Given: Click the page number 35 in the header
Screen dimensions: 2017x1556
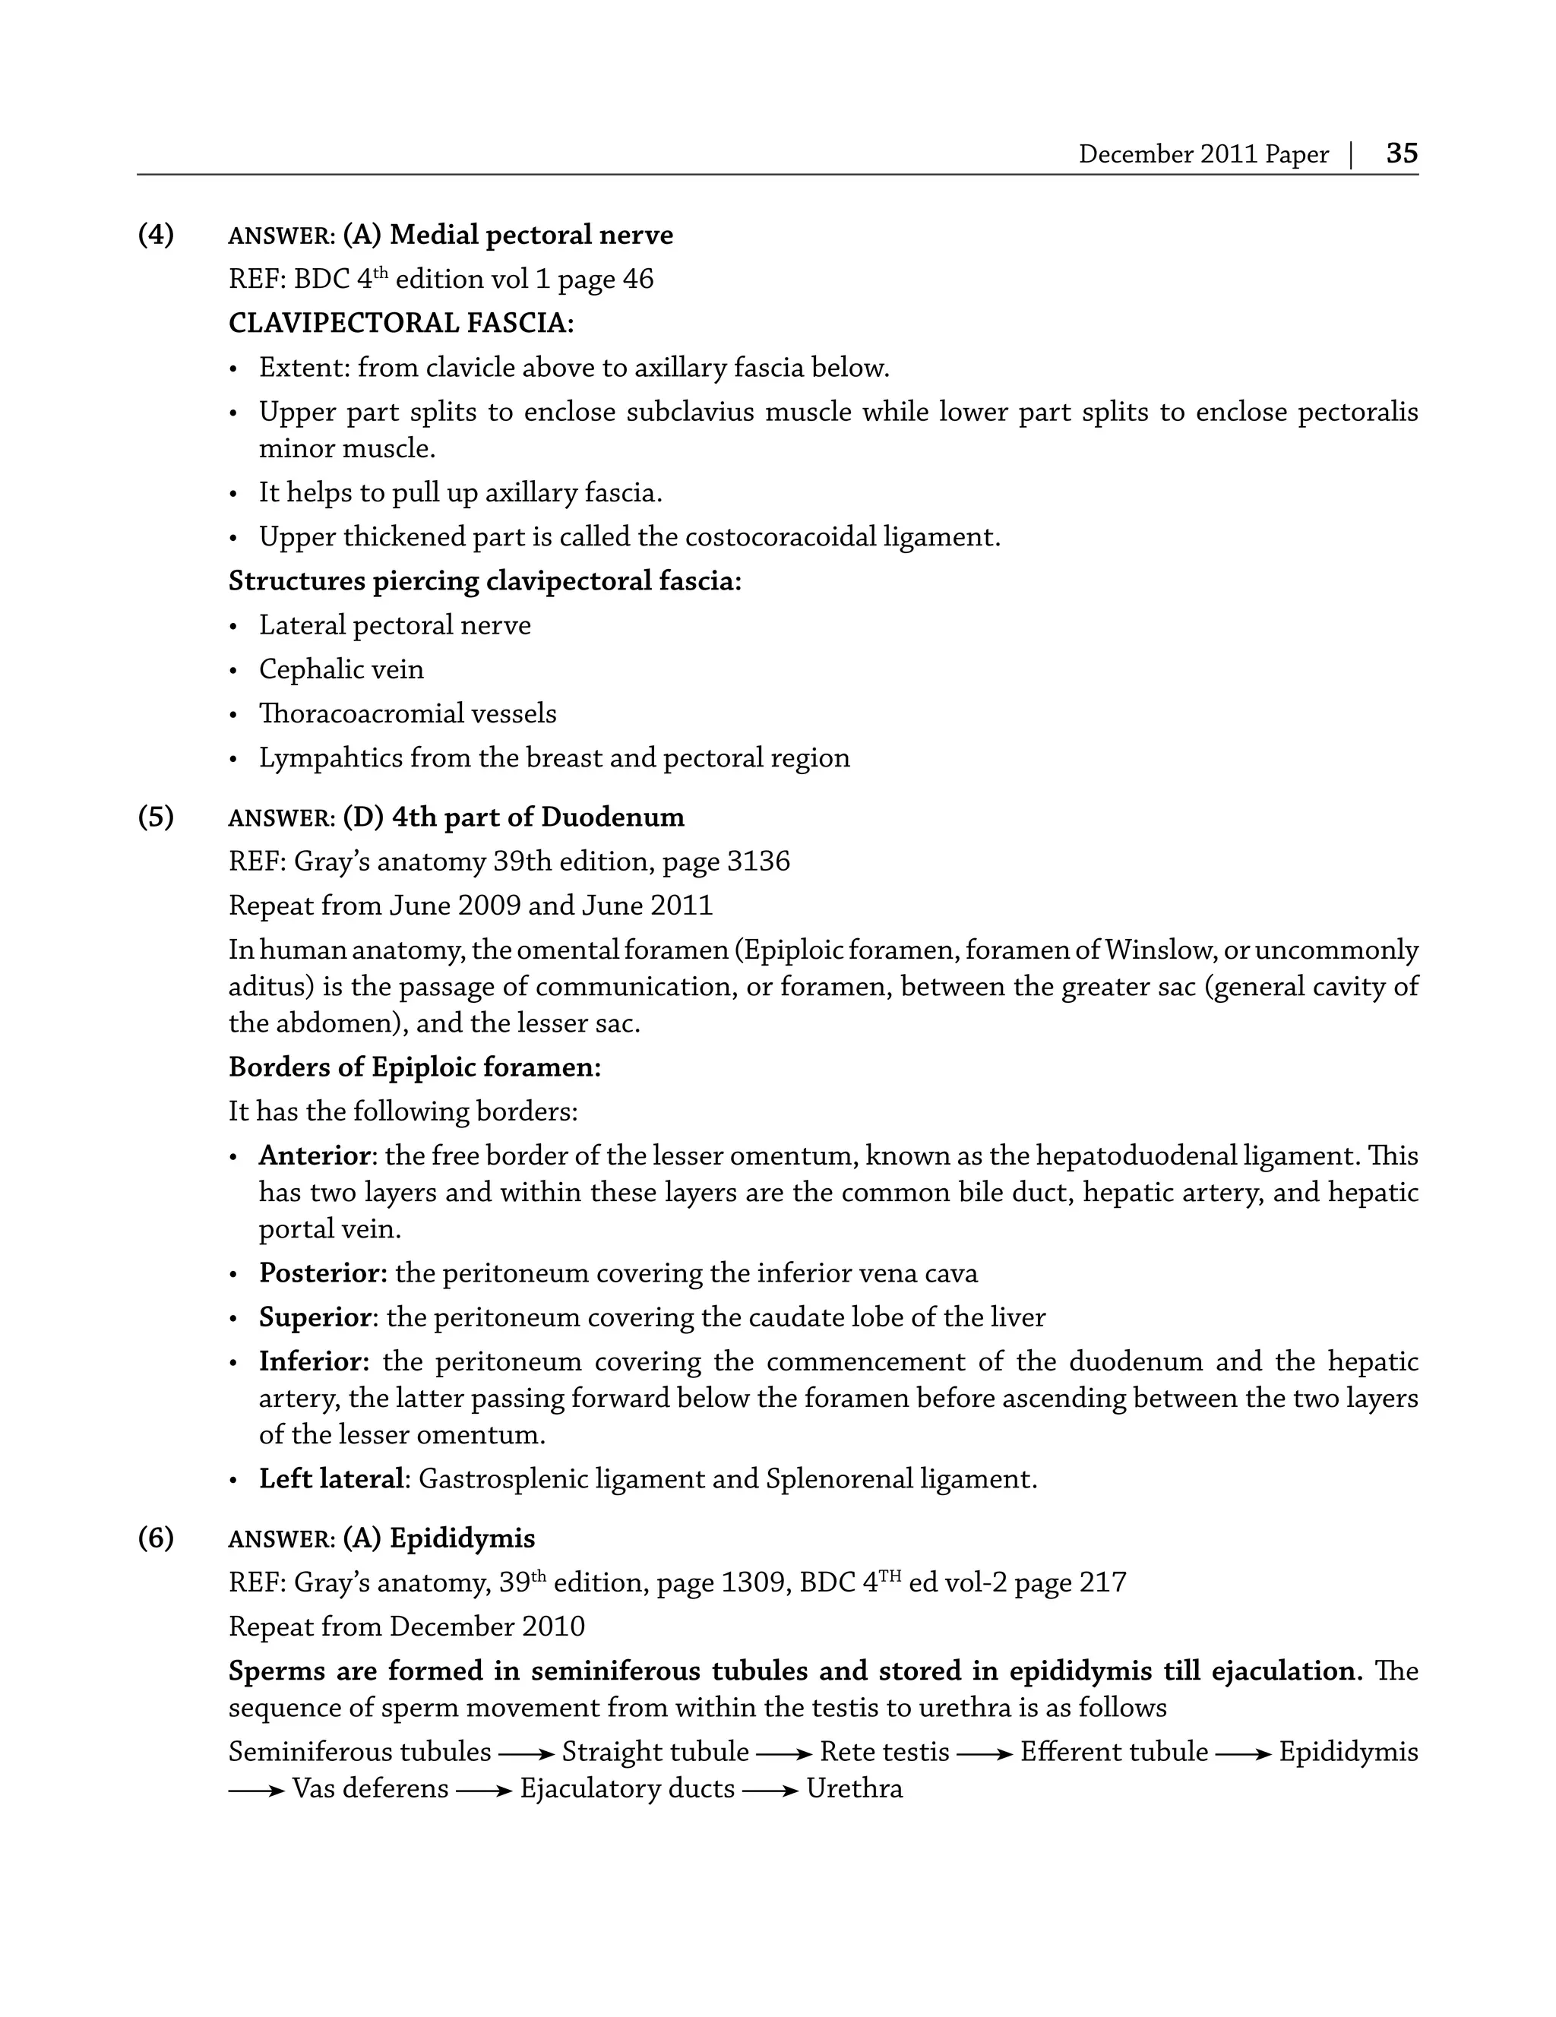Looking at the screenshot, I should coord(1401,153).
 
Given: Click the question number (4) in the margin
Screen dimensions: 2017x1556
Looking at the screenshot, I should coord(156,235).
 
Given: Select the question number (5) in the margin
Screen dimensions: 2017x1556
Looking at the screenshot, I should coord(156,817).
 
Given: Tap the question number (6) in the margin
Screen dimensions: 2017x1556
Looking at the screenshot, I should coord(156,1538).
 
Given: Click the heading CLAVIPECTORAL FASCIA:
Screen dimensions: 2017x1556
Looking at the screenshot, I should coord(400,323).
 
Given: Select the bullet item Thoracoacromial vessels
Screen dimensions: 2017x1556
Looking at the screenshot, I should coord(407,714).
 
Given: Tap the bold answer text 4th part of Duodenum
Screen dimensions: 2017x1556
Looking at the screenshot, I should coord(537,817).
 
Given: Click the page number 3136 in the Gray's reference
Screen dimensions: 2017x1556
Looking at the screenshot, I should coord(758,861).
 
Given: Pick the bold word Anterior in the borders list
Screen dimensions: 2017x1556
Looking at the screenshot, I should coord(314,1156).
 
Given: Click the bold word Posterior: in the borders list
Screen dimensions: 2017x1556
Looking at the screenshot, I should coord(323,1273).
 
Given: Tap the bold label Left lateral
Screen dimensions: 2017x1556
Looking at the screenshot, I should coord(331,1479).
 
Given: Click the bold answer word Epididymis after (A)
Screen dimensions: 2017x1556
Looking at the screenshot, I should coord(462,1538).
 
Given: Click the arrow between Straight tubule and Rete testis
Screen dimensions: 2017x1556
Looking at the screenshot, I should coord(784,1753).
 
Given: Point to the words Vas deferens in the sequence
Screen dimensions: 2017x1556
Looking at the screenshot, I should coord(370,1789).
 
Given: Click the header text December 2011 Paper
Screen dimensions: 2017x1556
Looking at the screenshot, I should coord(1203,154).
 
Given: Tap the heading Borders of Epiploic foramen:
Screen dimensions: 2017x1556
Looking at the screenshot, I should coord(415,1067).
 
